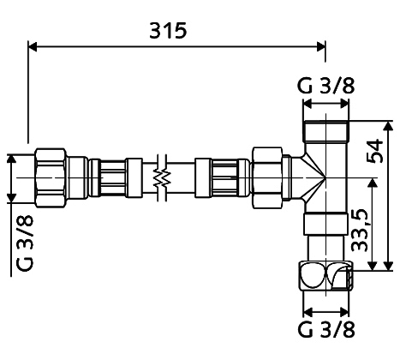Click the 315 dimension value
click(168, 31)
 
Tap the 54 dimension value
click(374, 151)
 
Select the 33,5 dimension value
click(359, 231)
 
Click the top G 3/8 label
click(326, 86)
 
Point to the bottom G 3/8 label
click(326, 330)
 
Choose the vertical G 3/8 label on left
click(25, 243)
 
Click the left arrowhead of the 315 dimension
click(33, 46)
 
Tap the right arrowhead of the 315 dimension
click(321, 46)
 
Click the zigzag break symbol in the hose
click(162, 177)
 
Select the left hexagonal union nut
click(51, 177)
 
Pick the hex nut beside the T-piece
click(267, 177)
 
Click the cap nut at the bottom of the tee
click(326, 275)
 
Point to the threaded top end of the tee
click(326, 131)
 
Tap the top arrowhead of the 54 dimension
click(388, 126)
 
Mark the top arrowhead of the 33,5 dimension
click(372, 183)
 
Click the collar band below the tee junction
click(326, 224)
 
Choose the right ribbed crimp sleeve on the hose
click(222, 177)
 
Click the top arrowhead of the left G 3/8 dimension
click(11, 159)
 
